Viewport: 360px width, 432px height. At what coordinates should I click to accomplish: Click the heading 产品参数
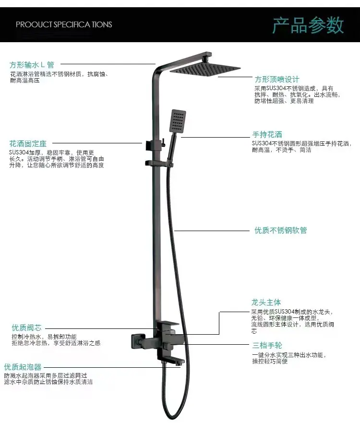308,25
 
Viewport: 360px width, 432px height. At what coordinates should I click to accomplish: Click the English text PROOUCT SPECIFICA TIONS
64,24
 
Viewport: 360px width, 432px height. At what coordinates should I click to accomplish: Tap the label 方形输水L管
32,65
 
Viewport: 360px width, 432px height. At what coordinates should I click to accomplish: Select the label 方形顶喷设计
276,79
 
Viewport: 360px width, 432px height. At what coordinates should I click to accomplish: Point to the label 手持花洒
267,134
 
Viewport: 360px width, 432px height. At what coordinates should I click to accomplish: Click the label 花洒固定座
28,143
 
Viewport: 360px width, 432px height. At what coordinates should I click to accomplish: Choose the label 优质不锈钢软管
280,230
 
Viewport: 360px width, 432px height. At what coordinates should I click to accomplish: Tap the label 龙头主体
266,302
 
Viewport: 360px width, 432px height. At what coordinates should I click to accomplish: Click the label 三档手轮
267,345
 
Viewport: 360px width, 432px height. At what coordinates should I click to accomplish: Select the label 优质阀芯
26,327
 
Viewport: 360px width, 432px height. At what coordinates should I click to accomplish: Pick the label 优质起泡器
23,367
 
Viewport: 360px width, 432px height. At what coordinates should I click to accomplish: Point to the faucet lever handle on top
169,325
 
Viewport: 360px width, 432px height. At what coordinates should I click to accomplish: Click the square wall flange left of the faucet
138,340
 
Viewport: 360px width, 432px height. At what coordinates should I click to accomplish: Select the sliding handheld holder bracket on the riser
159,163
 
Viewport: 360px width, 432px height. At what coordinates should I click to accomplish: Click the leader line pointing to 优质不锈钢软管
212,231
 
